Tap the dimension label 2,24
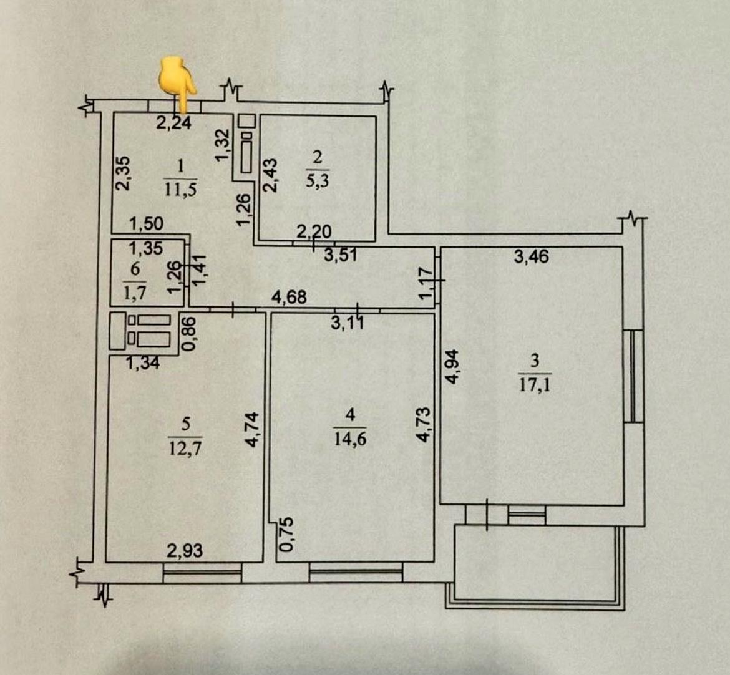[x=173, y=123]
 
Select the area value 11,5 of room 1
[x=180, y=189]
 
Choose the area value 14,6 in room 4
[x=350, y=439]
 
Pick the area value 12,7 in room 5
[x=185, y=448]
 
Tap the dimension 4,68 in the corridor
[x=289, y=297]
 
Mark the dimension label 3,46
[x=532, y=256]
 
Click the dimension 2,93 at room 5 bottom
[x=185, y=551]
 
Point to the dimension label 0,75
[x=286, y=535]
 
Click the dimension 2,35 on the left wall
[x=123, y=173]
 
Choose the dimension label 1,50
[x=146, y=223]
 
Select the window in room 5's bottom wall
[x=202, y=571]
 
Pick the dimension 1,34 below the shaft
[x=143, y=362]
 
